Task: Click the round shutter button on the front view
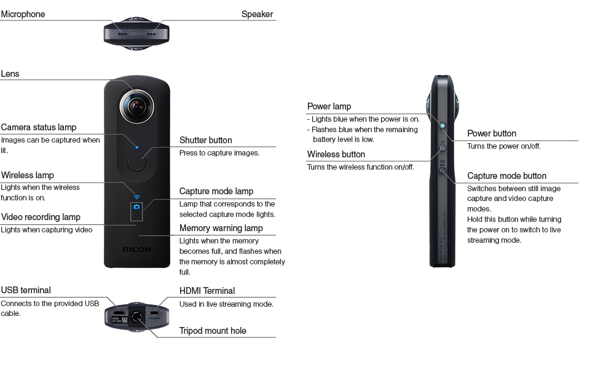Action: coord(136,163)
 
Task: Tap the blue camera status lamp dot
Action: coord(136,147)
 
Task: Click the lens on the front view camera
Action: coord(136,106)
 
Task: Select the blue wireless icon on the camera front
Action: coord(136,197)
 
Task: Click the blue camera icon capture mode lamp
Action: coord(136,207)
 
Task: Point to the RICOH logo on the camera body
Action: coord(136,250)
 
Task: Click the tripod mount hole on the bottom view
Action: coord(136,316)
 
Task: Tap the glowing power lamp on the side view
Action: coord(442,126)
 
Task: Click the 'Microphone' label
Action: coord(23,14)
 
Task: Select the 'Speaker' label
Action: coord(257,14)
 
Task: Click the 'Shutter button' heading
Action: coord(205,140)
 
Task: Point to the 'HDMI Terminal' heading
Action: coord(207,291)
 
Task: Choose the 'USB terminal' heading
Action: coord(26,290)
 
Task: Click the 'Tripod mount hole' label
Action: coord(213,331)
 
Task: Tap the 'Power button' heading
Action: coord(492,133)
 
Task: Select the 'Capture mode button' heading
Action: coord(506,176)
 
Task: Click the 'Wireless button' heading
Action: coord(336,154)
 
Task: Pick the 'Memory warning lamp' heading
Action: coord(221,228)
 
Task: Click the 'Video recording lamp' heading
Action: coord(41,217)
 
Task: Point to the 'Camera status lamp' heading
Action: coord(38,128)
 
